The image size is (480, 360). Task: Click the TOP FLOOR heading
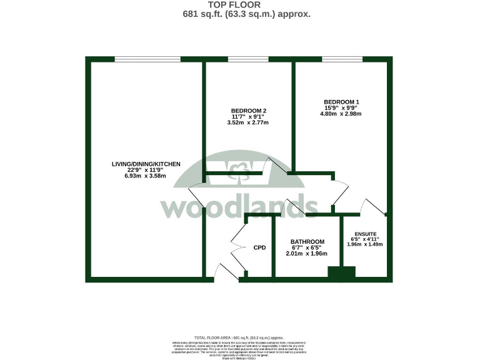tap(239, 5)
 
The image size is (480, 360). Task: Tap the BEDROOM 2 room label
tap(247, 111)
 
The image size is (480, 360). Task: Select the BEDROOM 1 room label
tap(341, 101)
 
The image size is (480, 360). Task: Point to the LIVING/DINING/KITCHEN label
tap(146, 164)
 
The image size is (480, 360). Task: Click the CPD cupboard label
tap(259, 247)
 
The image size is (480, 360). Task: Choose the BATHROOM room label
tap(307, 242)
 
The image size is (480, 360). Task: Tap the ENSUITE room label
tap(364, 233)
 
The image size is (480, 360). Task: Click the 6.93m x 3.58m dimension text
tap(146, 176)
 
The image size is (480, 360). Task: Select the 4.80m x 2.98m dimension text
tap(341, 114)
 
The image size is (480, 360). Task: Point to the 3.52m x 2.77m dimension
tap(247, 122)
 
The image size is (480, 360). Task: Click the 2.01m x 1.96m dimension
tap(307, 254)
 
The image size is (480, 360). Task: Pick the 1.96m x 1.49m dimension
tap(364, 244)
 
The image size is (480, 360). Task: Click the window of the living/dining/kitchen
tap(147, 59)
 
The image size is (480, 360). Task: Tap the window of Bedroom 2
tap(248, 59)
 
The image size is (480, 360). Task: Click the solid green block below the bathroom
tap(341, 272)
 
